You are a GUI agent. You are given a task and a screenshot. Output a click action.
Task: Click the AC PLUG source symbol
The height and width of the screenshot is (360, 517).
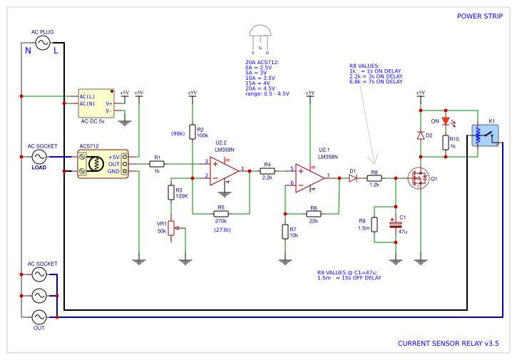click(x=42, y=43)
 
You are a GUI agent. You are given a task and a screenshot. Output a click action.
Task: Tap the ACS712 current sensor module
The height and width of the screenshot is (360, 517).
click(x=103, y=164)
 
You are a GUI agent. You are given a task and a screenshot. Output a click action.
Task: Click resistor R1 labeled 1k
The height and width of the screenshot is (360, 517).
click(x=158, y=164)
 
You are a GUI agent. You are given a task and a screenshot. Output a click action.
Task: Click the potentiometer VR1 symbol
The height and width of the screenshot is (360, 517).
click(x=170, y=228)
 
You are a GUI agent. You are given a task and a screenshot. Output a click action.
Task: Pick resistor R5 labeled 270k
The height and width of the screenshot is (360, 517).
click(x=221, y=213)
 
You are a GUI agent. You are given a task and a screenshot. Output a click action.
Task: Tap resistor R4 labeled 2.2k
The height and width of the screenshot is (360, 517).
click(x=267, y=171)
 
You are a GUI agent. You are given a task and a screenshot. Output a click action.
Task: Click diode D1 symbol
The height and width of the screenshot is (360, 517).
click(x=353, y=178)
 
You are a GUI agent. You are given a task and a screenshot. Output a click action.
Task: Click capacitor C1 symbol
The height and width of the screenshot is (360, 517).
click(x=395, y=224)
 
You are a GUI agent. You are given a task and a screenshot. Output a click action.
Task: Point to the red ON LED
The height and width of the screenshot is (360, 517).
click(x=446, y=120)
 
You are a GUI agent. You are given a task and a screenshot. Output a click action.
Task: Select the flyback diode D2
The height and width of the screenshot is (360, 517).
click(x=421, y=135)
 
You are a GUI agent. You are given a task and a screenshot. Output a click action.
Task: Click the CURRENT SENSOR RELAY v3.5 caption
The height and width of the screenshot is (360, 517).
click(x=448, y=344)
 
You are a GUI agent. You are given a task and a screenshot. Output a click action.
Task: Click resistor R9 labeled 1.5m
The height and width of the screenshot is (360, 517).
click(x=374, y=225)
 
